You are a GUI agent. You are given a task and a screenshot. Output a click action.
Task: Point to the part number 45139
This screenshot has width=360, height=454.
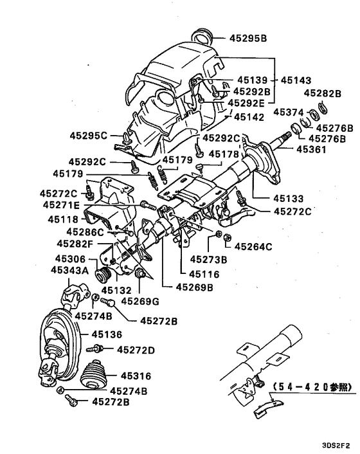pos(251,80)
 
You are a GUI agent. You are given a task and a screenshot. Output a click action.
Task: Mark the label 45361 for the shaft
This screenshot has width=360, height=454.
pos(312,149)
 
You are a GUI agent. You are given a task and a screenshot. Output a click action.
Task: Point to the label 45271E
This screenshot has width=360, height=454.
pos(62,205)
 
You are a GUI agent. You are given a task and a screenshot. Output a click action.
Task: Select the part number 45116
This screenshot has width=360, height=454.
pos(206,274)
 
